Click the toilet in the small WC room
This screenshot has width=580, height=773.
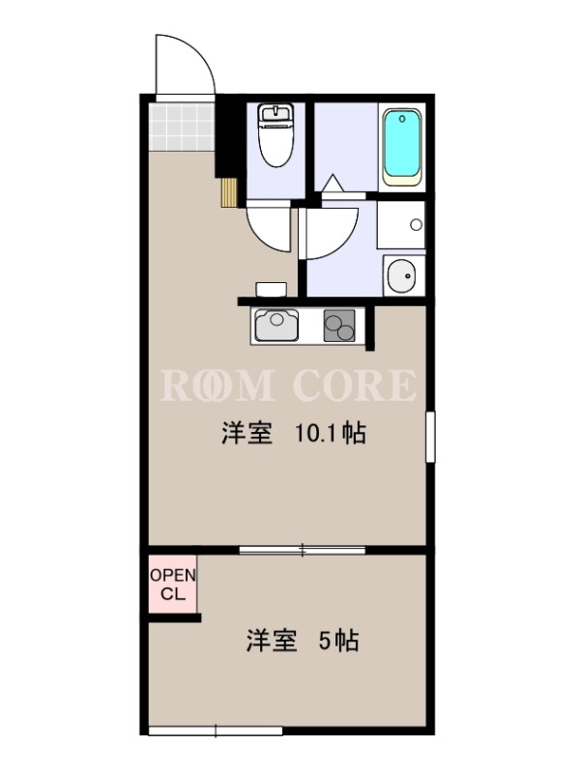point(276,134)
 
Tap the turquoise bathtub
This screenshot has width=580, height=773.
point(402,147)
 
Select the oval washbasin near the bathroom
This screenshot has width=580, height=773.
point(402,275)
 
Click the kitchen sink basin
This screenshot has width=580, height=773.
point(276,325)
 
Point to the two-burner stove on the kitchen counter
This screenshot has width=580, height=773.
point(339,326)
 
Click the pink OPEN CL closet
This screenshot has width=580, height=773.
point(173,585)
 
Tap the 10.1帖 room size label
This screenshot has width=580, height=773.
point(330,434)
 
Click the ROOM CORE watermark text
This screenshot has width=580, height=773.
point(288,385)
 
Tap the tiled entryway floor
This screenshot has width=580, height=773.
point(182,127)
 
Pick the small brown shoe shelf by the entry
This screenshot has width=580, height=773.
point(229,192)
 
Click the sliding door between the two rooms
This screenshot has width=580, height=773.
point(303,550)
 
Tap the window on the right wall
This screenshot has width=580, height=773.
point(430,437)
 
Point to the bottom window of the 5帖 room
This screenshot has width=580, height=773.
point(216,730)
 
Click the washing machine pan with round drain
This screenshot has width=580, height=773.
point(401,224)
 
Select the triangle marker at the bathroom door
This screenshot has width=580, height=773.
point(333,183)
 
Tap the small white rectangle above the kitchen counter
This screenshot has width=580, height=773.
point(272,289)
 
